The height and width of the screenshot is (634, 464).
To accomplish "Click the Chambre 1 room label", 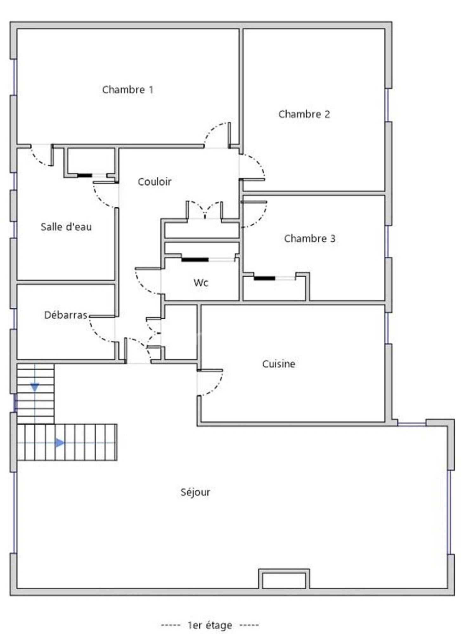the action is click(127, 90).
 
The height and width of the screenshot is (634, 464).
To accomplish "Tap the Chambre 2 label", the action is click(304, 114).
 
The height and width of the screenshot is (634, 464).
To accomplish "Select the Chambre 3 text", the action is click(310, 238).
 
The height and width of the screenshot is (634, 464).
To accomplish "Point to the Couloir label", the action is click(154, 182).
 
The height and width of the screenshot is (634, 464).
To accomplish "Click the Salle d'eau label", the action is click(66, 227).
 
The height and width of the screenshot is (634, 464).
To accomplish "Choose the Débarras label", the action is click(66, 315).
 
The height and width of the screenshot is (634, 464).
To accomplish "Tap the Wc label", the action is click(201, 282).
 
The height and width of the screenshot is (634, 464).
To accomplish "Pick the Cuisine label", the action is click(279, 364).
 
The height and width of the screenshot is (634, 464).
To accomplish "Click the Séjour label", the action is click(195, 492).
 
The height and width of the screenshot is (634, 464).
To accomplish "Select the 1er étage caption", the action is click(210, 625).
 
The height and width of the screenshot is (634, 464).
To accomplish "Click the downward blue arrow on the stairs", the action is click(35, 387).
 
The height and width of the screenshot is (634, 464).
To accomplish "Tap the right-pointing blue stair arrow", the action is click(60, 443).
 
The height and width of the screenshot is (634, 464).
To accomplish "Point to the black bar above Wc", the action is click(195, 260).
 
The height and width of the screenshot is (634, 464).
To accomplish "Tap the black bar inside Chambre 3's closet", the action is click(264, 278).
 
